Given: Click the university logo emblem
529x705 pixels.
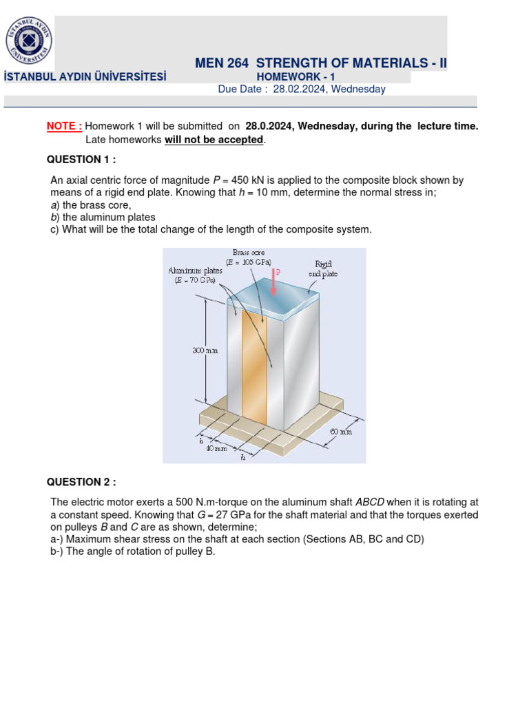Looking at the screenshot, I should pyautogui.click(x=29, y=40).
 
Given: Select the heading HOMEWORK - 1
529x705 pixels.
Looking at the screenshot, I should pyautogui.click(x=295, y=77).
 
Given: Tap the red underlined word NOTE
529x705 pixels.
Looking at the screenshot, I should pyautogui.click(x=64, y=126).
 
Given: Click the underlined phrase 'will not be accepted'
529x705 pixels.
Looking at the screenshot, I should pyautogui.click(x=214, y=140).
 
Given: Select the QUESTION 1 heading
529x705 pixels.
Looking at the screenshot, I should pyautogui.click(x=81, y=159).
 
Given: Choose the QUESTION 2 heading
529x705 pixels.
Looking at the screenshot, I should pyautogui.click(x=81, y=481).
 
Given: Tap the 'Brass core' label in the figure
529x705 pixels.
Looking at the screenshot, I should pyautogui.click(x=249, y=253).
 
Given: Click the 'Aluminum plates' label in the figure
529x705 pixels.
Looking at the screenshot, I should pyautogui.click(x=196, y=271).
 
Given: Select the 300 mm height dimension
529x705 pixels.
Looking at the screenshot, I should pyautogui.click(x=205, y=350).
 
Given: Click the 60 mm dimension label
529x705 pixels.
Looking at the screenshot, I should pyautogui.click(x=340, y=432).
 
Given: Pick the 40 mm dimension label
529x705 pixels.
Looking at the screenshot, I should pyautogui.click(x=216, y=448).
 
